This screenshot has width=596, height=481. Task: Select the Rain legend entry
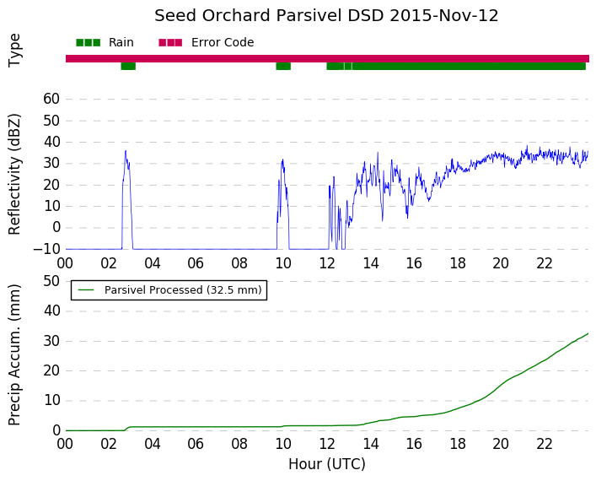pos(105,42)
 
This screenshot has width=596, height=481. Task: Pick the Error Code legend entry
pos(206,42)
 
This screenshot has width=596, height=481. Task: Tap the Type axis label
pos(14,51)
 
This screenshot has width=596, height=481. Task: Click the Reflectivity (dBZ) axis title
pos(14,175)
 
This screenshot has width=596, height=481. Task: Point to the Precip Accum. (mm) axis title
pos(14,354)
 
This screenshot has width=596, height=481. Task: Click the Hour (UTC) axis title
pos(327,464)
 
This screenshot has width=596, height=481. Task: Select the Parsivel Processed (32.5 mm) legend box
pos(169,290)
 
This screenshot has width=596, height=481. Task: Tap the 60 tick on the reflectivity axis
pos(51,99)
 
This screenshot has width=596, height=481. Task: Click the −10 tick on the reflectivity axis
pos(46,249)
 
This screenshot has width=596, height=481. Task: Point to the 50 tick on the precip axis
pos(51,282)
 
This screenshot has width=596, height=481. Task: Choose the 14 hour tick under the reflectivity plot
pos(371,263)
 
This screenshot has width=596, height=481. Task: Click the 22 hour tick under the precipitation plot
pos(545,444)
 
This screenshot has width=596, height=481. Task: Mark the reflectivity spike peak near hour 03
pos(126,151)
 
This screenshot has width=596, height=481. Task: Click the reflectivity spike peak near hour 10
pos(282,159)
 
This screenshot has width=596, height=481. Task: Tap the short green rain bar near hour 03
pos(128,66)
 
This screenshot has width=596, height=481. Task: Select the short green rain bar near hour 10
pos(283,66)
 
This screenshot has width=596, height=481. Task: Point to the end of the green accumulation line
pos(588,333)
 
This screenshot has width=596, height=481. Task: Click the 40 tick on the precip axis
pos(51,311)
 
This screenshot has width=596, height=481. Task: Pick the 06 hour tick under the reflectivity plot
pos(196,263)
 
